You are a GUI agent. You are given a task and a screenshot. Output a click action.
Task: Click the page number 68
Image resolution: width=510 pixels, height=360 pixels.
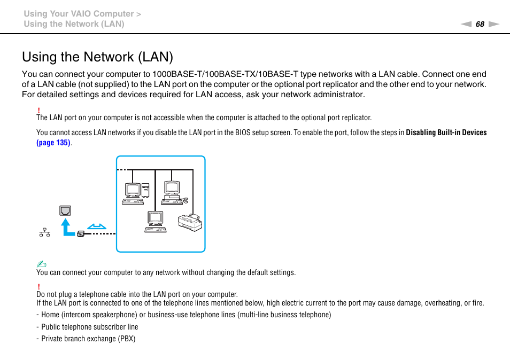[480, 24]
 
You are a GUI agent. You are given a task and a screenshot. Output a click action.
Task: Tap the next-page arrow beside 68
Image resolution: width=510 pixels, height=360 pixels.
[493, 24]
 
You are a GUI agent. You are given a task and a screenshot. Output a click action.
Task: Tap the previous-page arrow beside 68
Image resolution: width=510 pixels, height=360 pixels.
[466, 24]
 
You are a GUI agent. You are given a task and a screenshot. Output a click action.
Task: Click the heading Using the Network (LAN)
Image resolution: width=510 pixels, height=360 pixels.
[98, 57]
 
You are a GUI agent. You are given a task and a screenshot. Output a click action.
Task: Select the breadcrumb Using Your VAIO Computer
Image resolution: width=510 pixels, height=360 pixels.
[79, 14]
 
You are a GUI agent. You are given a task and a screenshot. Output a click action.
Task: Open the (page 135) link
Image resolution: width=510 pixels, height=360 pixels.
[53, 143]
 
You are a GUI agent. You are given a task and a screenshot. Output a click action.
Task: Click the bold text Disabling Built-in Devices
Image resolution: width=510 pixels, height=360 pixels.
[446, 132]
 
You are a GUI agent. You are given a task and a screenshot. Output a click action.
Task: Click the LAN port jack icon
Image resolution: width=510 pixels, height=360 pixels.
[65, 210]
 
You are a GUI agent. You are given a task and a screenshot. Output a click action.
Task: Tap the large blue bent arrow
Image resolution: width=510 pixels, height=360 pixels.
[67, 228]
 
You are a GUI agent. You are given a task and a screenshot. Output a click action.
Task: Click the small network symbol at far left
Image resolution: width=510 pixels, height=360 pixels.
[44, 232]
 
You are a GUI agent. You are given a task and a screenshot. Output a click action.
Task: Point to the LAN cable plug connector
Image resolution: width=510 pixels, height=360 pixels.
[81, 233]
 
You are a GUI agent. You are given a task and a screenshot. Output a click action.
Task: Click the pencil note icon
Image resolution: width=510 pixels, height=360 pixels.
[42, 264]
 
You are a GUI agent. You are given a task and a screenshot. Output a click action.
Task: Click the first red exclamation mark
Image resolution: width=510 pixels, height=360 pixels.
[38, 110]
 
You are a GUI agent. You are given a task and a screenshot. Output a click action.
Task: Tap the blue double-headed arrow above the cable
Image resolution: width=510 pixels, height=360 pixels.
[97, 226]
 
